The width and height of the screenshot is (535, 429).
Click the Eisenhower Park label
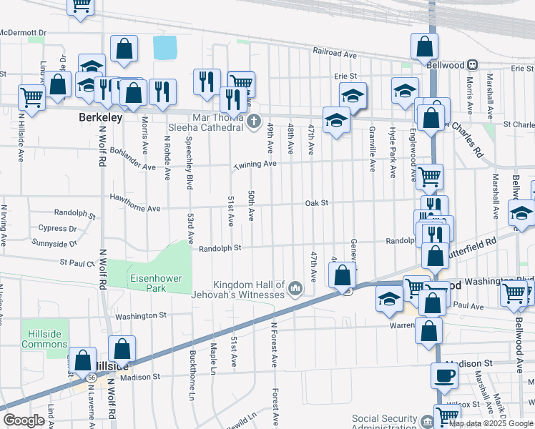coord(156,282)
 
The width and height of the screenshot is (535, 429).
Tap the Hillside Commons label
coord(44,339)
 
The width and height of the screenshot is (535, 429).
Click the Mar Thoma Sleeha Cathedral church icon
coord(253,123)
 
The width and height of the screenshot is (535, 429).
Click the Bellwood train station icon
coord(473,64)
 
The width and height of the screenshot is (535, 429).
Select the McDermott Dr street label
coord(24,33)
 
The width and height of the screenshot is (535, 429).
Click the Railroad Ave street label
coord(334,53)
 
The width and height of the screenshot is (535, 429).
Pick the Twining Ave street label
coord(254,164)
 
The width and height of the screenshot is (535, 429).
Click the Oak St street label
coord(316,203)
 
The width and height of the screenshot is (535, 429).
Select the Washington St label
coord(140,315)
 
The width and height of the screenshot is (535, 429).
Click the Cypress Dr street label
coord(58,229)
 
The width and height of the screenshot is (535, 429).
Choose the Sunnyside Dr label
coord(55,244)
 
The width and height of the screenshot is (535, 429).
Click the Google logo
coord(24,420)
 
